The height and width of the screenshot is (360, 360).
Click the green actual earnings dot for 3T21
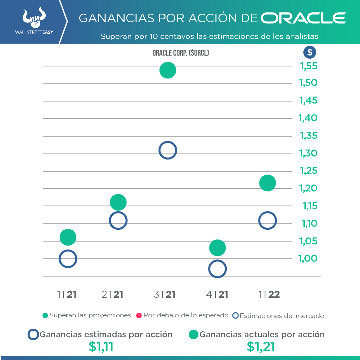pos(168,70)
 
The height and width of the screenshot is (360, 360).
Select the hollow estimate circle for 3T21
pos(168,150)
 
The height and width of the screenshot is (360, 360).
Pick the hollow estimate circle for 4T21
pos(217,269)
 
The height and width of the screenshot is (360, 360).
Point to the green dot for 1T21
pos(68,237)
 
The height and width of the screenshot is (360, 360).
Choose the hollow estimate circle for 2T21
pos(118,220)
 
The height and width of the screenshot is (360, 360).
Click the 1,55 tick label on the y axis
pos(309,66)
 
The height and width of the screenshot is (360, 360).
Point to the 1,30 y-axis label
pos(309,154)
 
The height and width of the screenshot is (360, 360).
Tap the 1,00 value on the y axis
pos(309,258)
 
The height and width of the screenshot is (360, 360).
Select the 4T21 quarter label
pos(217,294)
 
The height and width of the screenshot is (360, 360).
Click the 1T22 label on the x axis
pos(269,294)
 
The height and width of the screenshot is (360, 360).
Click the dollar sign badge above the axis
pos(310,52)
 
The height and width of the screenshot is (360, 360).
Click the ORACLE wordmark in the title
pos(303,18)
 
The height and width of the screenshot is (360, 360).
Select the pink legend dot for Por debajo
pos(139,315)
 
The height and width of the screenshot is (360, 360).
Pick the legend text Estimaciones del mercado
pos(282,316)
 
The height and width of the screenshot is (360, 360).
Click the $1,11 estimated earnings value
pos(101,347)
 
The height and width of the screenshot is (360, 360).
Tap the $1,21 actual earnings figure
pos(261,347)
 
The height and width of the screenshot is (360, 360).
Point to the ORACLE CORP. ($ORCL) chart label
pos(180,53)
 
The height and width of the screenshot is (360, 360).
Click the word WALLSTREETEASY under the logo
pos(34,33)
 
